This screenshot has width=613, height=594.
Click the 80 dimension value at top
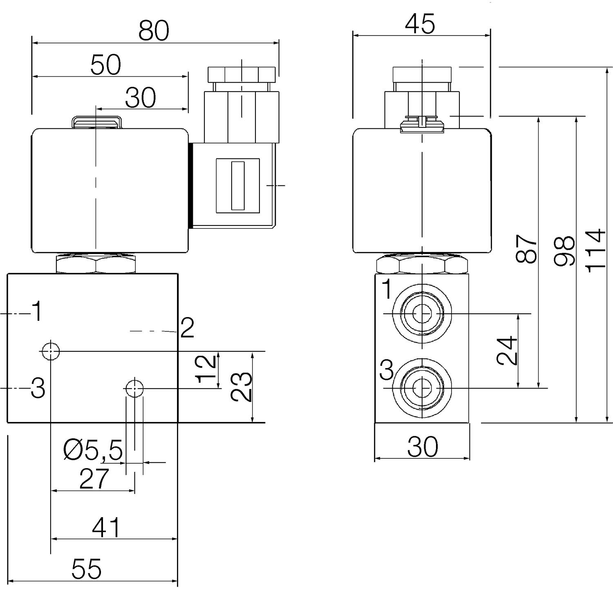154,31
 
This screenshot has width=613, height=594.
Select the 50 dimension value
106,65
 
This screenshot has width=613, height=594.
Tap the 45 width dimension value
420,24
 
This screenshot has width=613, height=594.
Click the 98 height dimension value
565,251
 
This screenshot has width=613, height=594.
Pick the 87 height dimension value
526,249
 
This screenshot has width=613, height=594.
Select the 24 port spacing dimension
507,351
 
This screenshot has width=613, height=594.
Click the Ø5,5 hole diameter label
94,451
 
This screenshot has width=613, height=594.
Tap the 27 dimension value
94,479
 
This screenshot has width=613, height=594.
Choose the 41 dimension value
106,528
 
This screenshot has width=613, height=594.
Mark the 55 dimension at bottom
86,569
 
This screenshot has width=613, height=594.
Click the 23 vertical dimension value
242,387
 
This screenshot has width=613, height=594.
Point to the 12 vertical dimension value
206,369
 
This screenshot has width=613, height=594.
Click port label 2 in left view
187,328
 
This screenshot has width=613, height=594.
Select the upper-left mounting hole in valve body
50,351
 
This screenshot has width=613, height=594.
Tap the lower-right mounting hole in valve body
134,389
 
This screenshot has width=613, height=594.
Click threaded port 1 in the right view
421,313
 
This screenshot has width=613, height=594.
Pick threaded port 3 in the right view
421,388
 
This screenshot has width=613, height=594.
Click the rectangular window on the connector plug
237,185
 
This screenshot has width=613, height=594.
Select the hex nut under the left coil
96,264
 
